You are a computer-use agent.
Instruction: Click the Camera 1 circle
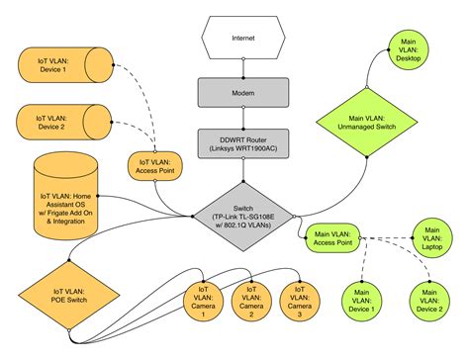click(204, 301)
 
